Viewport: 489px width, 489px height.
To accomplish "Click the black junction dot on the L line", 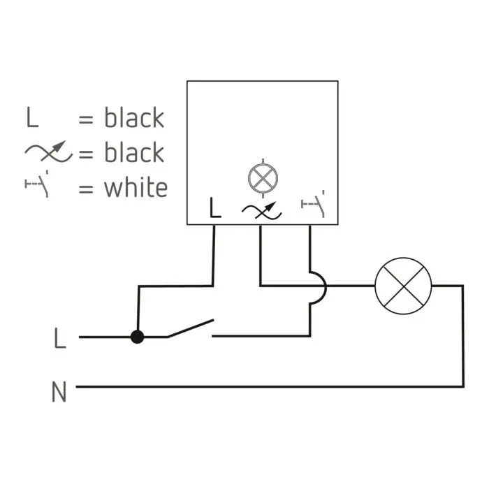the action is (x=137, y=337).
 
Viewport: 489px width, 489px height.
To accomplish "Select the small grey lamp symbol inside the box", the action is (x=263, y=178).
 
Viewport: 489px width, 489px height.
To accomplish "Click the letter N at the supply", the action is (x=59, y=392).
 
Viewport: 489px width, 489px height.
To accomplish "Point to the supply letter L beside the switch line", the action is (x=60, y=337).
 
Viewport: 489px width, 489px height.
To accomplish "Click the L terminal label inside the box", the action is (x=215, y=207).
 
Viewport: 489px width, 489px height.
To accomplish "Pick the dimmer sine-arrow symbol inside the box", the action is (x=262, y=210).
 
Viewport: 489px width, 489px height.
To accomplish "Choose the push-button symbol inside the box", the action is (x=313, y=203).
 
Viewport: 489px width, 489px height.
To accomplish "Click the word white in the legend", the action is (x=136, y=187).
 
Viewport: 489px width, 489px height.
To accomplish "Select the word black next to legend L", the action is (x=134, y=117).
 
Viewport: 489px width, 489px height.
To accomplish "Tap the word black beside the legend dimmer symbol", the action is (x=134, y=152).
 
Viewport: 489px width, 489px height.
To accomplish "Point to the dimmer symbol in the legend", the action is (x=48, y=152).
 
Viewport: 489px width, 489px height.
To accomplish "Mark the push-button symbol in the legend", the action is (x=37, y=184).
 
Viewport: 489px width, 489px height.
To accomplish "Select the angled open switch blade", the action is (x=190, y=328).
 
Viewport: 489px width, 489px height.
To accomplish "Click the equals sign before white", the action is (x=86, y=189).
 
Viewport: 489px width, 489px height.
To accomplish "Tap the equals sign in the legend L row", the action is (x=86, y=119).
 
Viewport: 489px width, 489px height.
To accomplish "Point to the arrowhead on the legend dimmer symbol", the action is (x=59, y=146).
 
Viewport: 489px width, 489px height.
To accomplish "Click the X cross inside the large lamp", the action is (x=403, y=286).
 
